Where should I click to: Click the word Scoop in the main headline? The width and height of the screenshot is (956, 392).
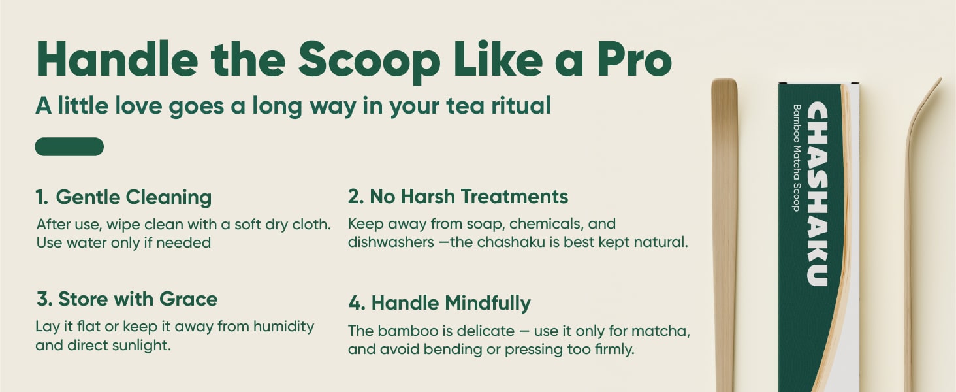(x=370, y=61)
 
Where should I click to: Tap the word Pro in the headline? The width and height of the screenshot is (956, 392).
(x=634, y=59)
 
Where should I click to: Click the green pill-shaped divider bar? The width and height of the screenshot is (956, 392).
(x=69, y=146)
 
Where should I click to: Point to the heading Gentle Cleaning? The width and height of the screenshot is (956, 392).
(x=134, y=197)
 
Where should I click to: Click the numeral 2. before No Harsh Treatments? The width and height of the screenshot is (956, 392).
(x=355, y=197)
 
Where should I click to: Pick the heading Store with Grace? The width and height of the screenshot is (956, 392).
(x=138, y=299)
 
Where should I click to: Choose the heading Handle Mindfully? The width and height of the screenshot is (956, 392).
(x=451, y=303)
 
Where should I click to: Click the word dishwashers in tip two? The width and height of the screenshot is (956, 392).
(x=391, y=242)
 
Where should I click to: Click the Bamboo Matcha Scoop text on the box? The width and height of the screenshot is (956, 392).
(x=797, y=157)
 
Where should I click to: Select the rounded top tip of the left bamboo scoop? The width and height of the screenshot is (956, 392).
(x=724, y=81)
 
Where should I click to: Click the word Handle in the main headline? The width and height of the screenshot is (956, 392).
(x=117, y=59)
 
